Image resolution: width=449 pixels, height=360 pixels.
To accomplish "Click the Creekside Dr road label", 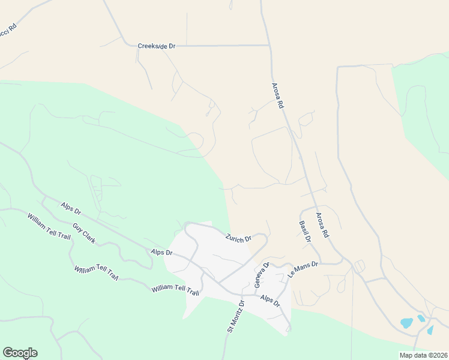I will point(156,46).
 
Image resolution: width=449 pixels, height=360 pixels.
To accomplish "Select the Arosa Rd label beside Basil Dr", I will point(322,226).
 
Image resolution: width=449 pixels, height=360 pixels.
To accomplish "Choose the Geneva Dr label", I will point(262,274).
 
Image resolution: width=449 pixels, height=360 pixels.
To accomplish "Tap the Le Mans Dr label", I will point(303,268).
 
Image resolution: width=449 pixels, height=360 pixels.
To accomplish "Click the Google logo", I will point(20,353).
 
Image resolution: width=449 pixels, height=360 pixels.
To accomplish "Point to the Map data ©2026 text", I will point(423,355).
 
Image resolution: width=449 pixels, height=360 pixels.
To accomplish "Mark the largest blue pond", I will point(407,323).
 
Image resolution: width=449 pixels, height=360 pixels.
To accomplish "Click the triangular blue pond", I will point(430,329).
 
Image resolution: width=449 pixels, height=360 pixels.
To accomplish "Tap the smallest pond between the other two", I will point(421,318).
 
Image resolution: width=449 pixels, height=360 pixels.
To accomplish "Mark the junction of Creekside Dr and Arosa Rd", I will point(270,45).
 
